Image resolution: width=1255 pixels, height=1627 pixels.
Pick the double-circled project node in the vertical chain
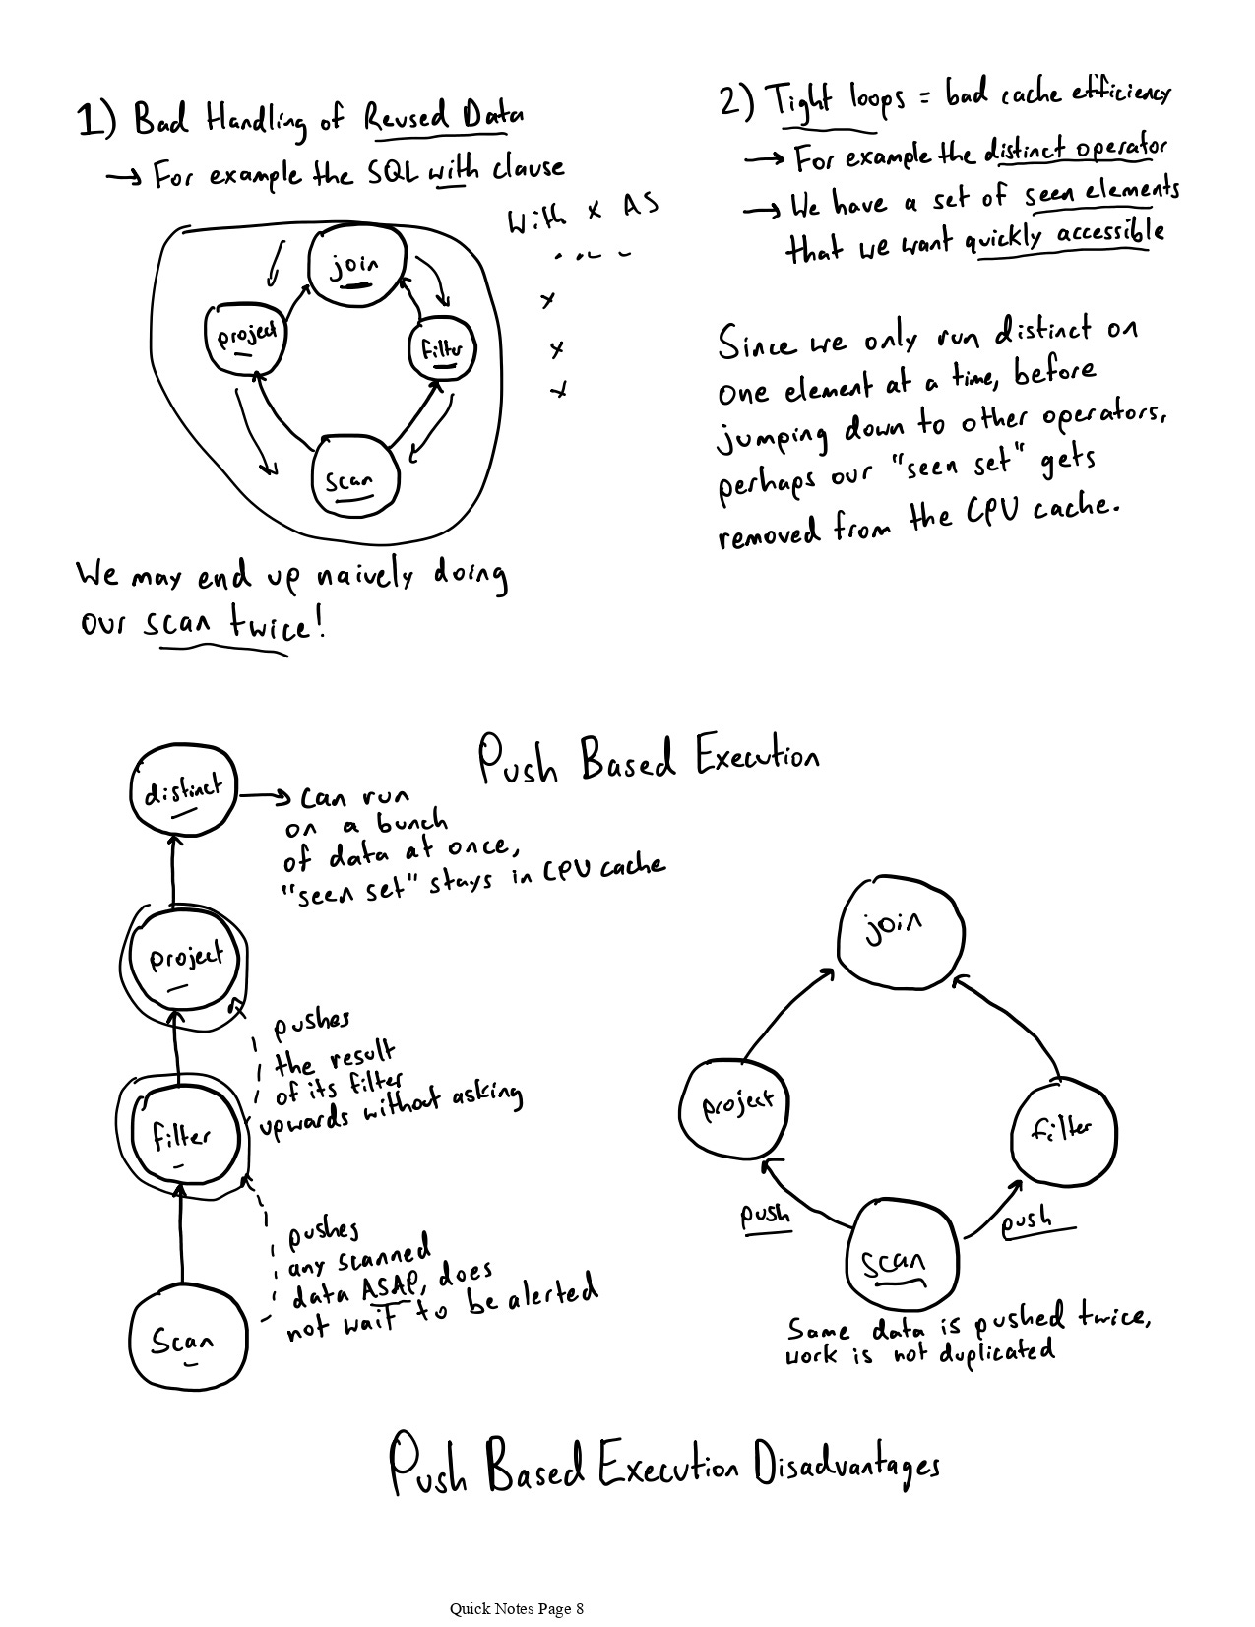click(185, 962)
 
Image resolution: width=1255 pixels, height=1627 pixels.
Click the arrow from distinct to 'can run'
click(264, 795)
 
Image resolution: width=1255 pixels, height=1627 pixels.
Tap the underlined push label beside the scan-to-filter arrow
click(1026, 1223)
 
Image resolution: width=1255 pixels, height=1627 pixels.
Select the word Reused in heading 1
click(405, 118)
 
